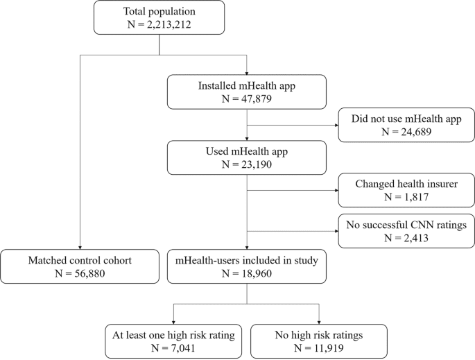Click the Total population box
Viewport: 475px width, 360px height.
tap(159, 18)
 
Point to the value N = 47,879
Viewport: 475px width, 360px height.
tap(248, 98)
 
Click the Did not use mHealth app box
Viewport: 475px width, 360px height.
tap(406, 124)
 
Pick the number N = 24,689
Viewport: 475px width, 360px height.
tap(406, 132)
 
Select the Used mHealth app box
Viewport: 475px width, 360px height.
tap(248, 157)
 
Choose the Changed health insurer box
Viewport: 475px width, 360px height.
tap(406, 190)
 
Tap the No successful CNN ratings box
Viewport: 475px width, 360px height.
tap(406, 232)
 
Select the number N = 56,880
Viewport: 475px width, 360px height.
tap(80, 273)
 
